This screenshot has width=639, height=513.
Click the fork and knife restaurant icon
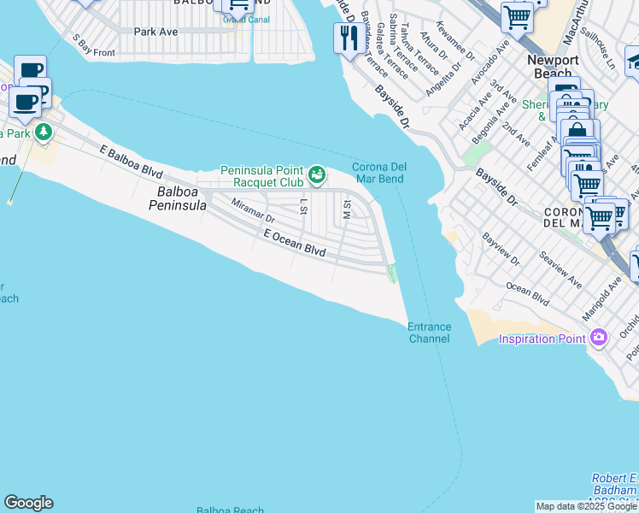point(348,38)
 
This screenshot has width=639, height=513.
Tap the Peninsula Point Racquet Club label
point(262,176)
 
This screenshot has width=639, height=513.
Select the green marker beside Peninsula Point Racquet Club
point(317,175)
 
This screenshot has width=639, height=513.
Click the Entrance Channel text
point(429,333)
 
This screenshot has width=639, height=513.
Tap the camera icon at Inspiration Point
point(598,338)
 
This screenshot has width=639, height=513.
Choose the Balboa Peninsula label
point(179,199)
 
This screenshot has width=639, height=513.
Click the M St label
point(347,208)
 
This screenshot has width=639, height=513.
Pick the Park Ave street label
point(155,32)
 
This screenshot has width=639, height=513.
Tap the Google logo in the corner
point(28,503)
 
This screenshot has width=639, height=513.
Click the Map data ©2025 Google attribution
point(586,506)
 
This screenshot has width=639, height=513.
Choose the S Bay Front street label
point(93,45)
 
